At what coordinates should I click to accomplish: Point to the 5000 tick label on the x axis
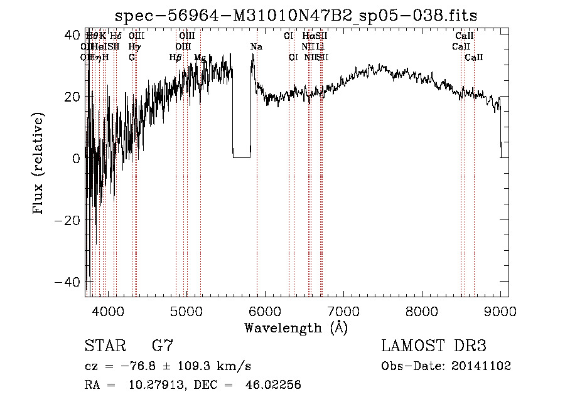tap(186, 310)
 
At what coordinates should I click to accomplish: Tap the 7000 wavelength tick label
tap(343, 310)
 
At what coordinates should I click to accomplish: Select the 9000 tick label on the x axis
tap(500, 310)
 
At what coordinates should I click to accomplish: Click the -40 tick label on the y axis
tap(66, 282)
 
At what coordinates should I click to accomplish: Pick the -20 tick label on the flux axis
tap(66, 220)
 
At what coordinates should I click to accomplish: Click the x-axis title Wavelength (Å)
tap(296, 327)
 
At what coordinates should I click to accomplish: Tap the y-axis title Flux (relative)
tap(39, 164)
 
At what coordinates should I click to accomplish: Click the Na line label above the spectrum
tap(256, 47)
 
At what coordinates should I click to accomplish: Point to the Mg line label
tap(200, 58)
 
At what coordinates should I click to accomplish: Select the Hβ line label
tap(176, 58)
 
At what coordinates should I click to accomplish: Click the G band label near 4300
tap(132, 58)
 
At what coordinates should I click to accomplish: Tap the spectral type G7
tap(162, 346)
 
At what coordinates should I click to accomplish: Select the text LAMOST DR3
tap(434, 346)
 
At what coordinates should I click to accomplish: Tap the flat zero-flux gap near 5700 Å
tap(241, 156)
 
